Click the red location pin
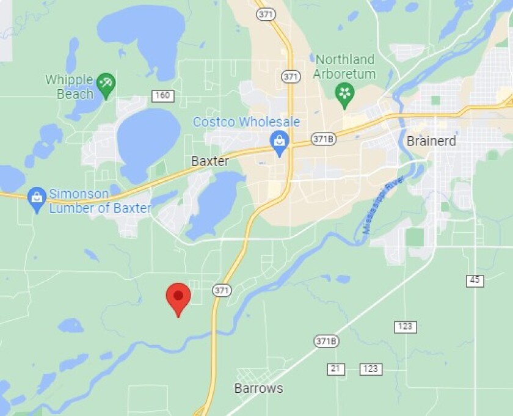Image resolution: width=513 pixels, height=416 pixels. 178,297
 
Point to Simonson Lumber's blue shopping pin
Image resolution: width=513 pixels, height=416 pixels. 37,199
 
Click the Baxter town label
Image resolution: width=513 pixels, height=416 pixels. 210,161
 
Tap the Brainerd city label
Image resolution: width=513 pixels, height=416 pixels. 431,141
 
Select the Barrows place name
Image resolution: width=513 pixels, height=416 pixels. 258,388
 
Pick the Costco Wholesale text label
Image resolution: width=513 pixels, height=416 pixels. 246,122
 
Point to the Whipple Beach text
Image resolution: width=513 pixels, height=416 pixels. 69,87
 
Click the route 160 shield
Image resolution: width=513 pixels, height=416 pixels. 163,96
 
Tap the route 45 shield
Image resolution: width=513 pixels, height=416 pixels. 475,280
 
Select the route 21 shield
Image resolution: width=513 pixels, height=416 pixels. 335,369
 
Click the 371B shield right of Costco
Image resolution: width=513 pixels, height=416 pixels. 323,139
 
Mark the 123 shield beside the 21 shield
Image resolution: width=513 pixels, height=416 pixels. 371,369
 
